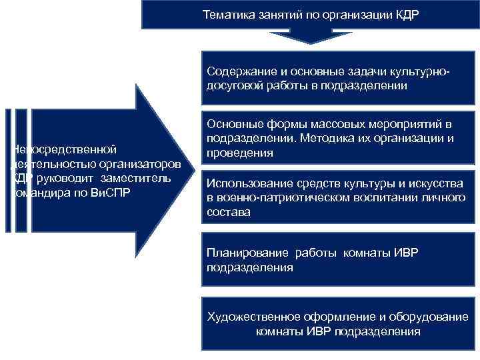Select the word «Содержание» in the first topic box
tap(238, 71)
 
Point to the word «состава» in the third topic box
tap(229, 213)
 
